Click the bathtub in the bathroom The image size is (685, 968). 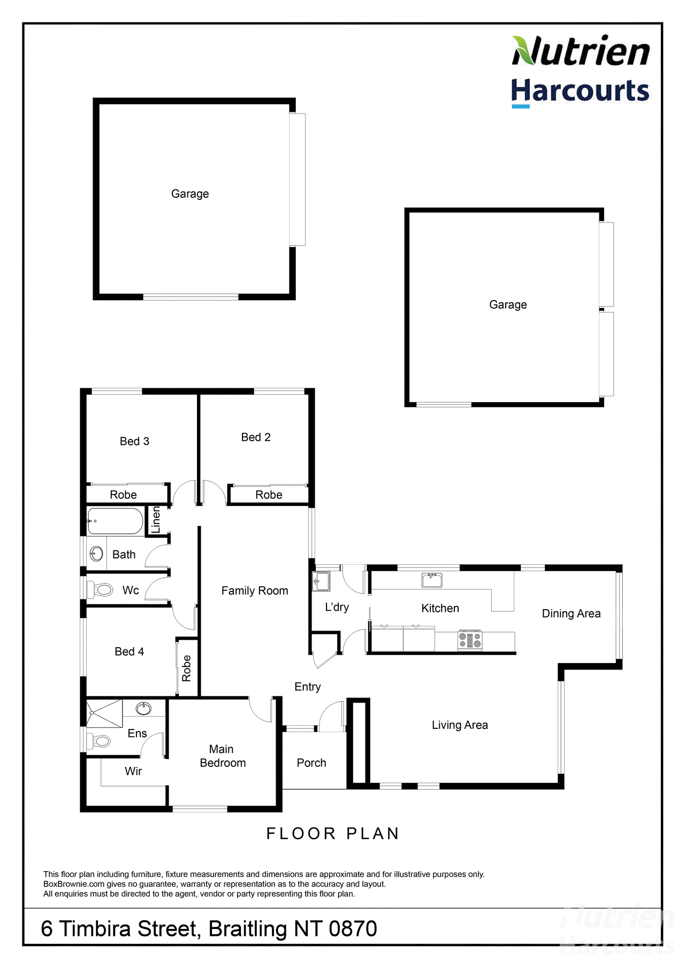116,521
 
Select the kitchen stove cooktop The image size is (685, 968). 470,640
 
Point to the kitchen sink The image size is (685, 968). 432,580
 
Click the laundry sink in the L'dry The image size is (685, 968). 322,581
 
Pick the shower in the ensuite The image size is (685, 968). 105,713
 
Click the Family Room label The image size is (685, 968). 255,591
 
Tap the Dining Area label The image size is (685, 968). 571,613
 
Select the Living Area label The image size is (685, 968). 460,725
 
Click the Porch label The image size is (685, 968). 311,763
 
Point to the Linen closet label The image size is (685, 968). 156,519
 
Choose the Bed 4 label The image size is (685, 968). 129,651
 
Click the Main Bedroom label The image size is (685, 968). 223,756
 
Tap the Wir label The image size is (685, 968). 133,771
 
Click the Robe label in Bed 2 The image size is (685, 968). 269,495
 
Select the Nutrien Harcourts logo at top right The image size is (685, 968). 580,71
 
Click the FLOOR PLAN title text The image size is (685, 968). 333,834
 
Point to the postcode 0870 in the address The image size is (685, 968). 353,929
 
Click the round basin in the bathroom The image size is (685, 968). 96,554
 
